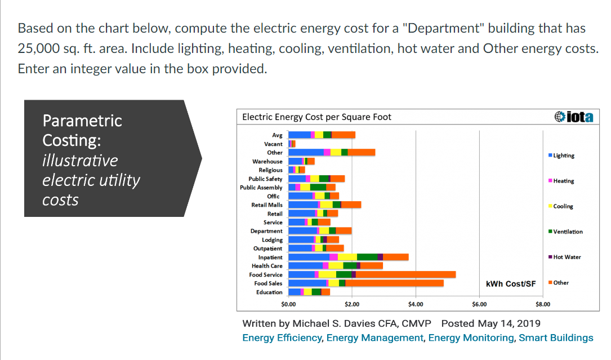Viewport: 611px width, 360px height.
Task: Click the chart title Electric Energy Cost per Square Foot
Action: (316, 117)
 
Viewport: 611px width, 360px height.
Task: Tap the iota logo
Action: (573, 117)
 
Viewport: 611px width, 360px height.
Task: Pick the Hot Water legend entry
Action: (567, 257)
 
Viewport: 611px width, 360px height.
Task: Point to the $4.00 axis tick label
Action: (416, 304)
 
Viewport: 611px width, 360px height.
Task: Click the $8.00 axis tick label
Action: (543, 304)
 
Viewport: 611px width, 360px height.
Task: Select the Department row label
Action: (266, 231)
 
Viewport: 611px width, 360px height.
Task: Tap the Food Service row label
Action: (266, 274)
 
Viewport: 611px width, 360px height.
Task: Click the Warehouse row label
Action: (267, 161)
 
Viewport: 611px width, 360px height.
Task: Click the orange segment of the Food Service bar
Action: (405, 274)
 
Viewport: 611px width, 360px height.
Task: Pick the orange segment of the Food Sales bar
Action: (394, 283)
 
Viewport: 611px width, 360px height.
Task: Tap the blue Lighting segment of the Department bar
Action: (302, 231)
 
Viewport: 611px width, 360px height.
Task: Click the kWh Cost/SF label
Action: (511, 283)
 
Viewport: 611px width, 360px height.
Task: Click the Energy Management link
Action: (374, 337)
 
